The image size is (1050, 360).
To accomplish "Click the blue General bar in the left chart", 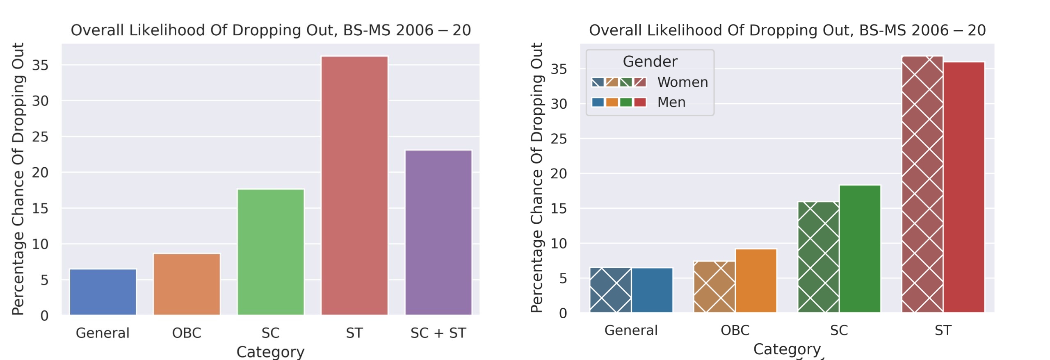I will click(103, 292).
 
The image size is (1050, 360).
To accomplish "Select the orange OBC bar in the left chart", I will click(187, 284).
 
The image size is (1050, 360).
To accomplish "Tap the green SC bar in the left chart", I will click(271, 252).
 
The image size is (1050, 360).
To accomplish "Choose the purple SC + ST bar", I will click(438, 232).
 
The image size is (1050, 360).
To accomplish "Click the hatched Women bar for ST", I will click(922, 184).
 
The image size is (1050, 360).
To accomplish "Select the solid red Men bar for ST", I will click(964, 187).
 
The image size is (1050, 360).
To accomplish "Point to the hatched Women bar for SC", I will click(818, 257).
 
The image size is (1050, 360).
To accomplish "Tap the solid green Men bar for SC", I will click(860, 249).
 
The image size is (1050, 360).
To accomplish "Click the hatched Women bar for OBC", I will click(714, 287).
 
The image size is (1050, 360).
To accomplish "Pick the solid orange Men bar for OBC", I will click(756, 280).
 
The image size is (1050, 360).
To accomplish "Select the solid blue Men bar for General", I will click(652, 290).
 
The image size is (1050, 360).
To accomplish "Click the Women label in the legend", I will click(682, 82).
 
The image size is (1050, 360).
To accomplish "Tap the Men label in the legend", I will click(671, 102).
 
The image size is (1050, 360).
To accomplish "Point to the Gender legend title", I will click(650, 62).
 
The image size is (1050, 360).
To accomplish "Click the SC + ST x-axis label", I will click(438, 333).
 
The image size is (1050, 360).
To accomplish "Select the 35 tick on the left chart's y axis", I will click(40, 65).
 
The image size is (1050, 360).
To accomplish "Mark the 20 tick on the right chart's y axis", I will click(559, 173).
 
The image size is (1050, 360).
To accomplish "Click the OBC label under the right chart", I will click(735, 330).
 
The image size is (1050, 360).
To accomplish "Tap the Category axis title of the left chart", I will click(271, 352).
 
